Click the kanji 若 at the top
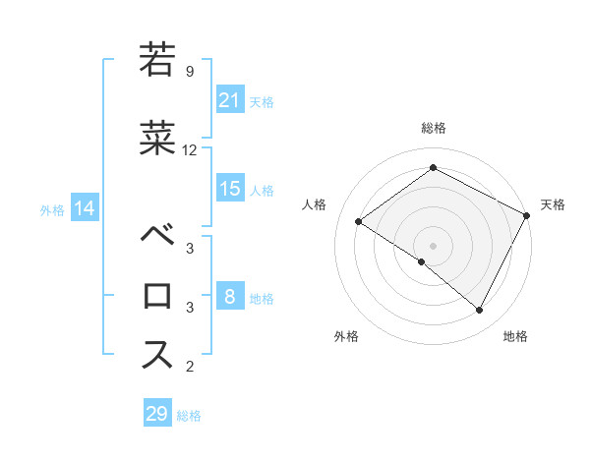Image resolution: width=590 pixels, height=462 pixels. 157,60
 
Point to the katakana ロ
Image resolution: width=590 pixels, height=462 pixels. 157,295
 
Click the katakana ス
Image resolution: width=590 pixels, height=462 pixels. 157,353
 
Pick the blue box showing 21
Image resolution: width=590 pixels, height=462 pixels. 230,99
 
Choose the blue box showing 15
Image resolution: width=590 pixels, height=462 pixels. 230,189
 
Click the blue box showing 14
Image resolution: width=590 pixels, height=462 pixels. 84,208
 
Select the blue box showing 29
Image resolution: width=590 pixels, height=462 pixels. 157,414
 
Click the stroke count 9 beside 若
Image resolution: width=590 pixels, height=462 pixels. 189,72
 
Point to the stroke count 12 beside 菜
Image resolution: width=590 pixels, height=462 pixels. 190,150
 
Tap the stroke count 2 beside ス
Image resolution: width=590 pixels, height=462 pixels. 189,367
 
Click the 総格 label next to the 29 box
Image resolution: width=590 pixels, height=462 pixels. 189,416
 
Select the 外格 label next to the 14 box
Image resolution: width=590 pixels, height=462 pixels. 52,209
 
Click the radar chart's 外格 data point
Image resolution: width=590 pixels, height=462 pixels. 422,261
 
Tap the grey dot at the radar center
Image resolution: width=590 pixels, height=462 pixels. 433,244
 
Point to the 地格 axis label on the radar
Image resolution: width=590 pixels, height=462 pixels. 515,336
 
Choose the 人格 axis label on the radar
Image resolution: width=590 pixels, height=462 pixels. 315,204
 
